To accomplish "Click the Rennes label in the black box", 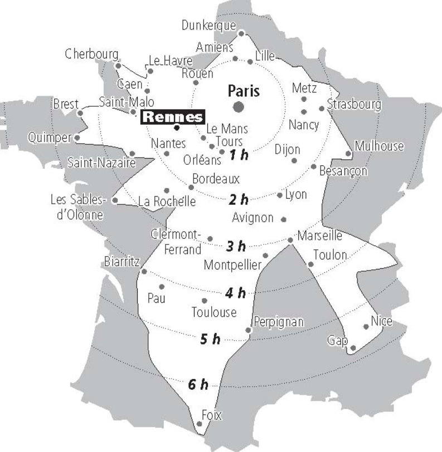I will [173, 117].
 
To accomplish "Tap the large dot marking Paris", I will [239, 106].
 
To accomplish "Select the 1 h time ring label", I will [239, 155].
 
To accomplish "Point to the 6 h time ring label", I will [197, 384].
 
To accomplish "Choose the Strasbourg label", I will [354, 104].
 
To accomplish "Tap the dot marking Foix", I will [200, 426].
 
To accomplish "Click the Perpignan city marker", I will [248, 331].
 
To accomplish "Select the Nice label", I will [381, 321].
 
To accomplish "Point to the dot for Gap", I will [352, 348].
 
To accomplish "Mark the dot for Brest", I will [80, 113].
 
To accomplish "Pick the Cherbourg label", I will [92, 55].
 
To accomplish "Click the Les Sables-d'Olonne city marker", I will [115, 201].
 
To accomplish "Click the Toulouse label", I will [214, 312].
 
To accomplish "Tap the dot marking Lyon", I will [280, 195].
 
